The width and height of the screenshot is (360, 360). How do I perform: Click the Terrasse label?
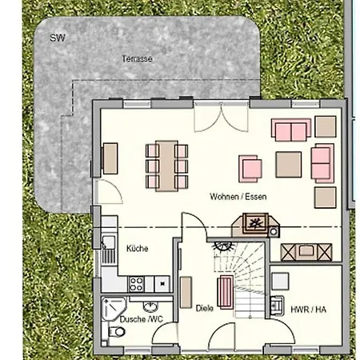tap(137, 58)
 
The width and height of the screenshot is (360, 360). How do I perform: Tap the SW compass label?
tap(58, 38)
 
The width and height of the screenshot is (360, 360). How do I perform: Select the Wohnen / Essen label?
tap(238, 197)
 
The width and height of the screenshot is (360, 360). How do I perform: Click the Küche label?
tap(137, 249)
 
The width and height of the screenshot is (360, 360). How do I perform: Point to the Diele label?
tap(205, 308)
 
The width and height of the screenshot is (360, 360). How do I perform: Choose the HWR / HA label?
tap(308, 310)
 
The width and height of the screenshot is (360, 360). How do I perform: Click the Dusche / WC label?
tap(142, 319)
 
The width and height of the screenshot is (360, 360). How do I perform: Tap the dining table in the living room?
tap(166, 166)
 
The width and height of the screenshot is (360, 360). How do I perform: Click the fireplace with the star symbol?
tap(255, 222)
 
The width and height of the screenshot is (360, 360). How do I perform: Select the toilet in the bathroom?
tap(115, 332)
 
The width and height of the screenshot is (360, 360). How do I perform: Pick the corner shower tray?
tap(113, 309)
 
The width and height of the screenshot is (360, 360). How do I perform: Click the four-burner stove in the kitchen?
tap(136, 284)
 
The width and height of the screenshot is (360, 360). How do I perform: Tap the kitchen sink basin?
tap(109, 242)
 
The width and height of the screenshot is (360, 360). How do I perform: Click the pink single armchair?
tap(250, 169)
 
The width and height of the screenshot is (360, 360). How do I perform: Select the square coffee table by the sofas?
tap(289, 165)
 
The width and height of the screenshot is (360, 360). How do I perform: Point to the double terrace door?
tap(221, 117)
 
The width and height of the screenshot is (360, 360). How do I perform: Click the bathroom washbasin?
tap(150, 306)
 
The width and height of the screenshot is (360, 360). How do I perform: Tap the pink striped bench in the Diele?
tap(226, 292)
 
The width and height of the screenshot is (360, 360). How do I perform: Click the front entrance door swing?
tap(222, 337)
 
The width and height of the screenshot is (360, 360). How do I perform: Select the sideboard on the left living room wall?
tap(110, 158)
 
